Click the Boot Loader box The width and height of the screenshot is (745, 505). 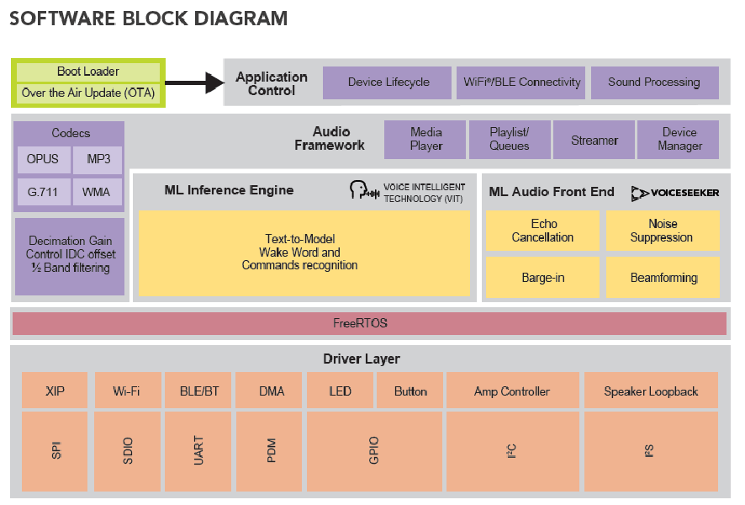(x=87, y=72)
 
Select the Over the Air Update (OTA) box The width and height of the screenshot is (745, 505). (x=87, y=93)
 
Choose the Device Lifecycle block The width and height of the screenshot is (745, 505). (x=388, y=82)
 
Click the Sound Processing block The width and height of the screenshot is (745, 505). (x=653, y=82)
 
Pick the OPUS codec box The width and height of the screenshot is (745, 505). (x=42, y=159)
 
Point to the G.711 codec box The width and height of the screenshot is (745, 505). (x=42, y=192)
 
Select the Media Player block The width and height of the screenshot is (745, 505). (x=425, y=140)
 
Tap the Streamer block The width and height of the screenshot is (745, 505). (x=594, y=140)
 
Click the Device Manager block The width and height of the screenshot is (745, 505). (x=679, y=140)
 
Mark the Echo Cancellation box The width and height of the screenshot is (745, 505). (x=542, y=231)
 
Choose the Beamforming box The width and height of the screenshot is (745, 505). (x=663, y=278)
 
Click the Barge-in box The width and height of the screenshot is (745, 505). (x=542, y=278)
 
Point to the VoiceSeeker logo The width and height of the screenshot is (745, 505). (x=674, y=193)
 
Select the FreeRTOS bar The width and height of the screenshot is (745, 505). (x=369, y=323)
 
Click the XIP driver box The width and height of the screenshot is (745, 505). (x=55, y=391)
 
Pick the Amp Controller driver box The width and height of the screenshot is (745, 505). (x=511, y=391)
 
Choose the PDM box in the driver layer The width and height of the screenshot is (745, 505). (x=271, y=451)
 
